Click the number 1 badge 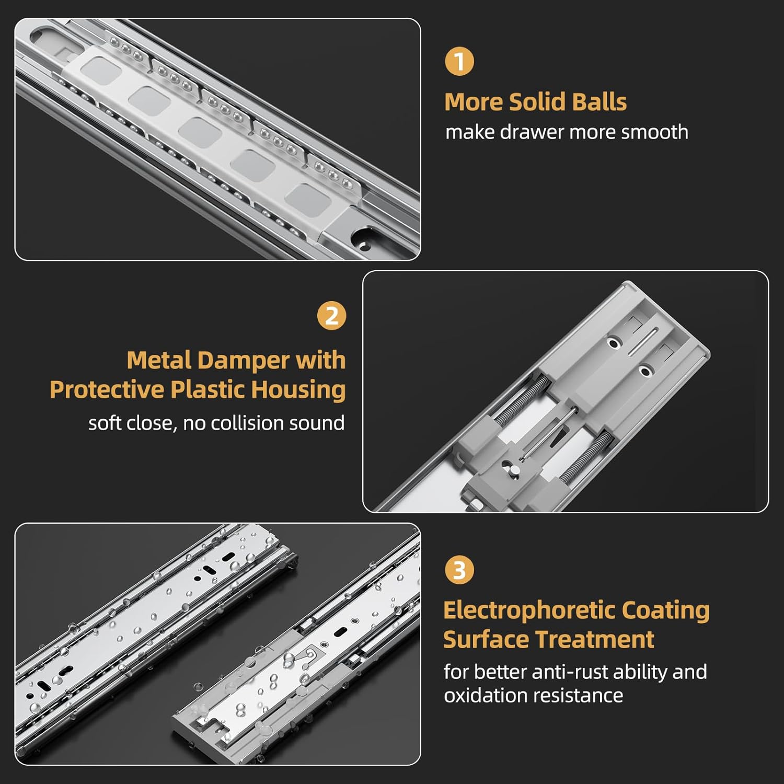pos(459,62)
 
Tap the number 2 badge pos(332,316)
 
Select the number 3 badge pos(459,570)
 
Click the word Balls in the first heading pos(599,102)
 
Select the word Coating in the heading pos(665,610)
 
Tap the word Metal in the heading pos(159,360)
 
